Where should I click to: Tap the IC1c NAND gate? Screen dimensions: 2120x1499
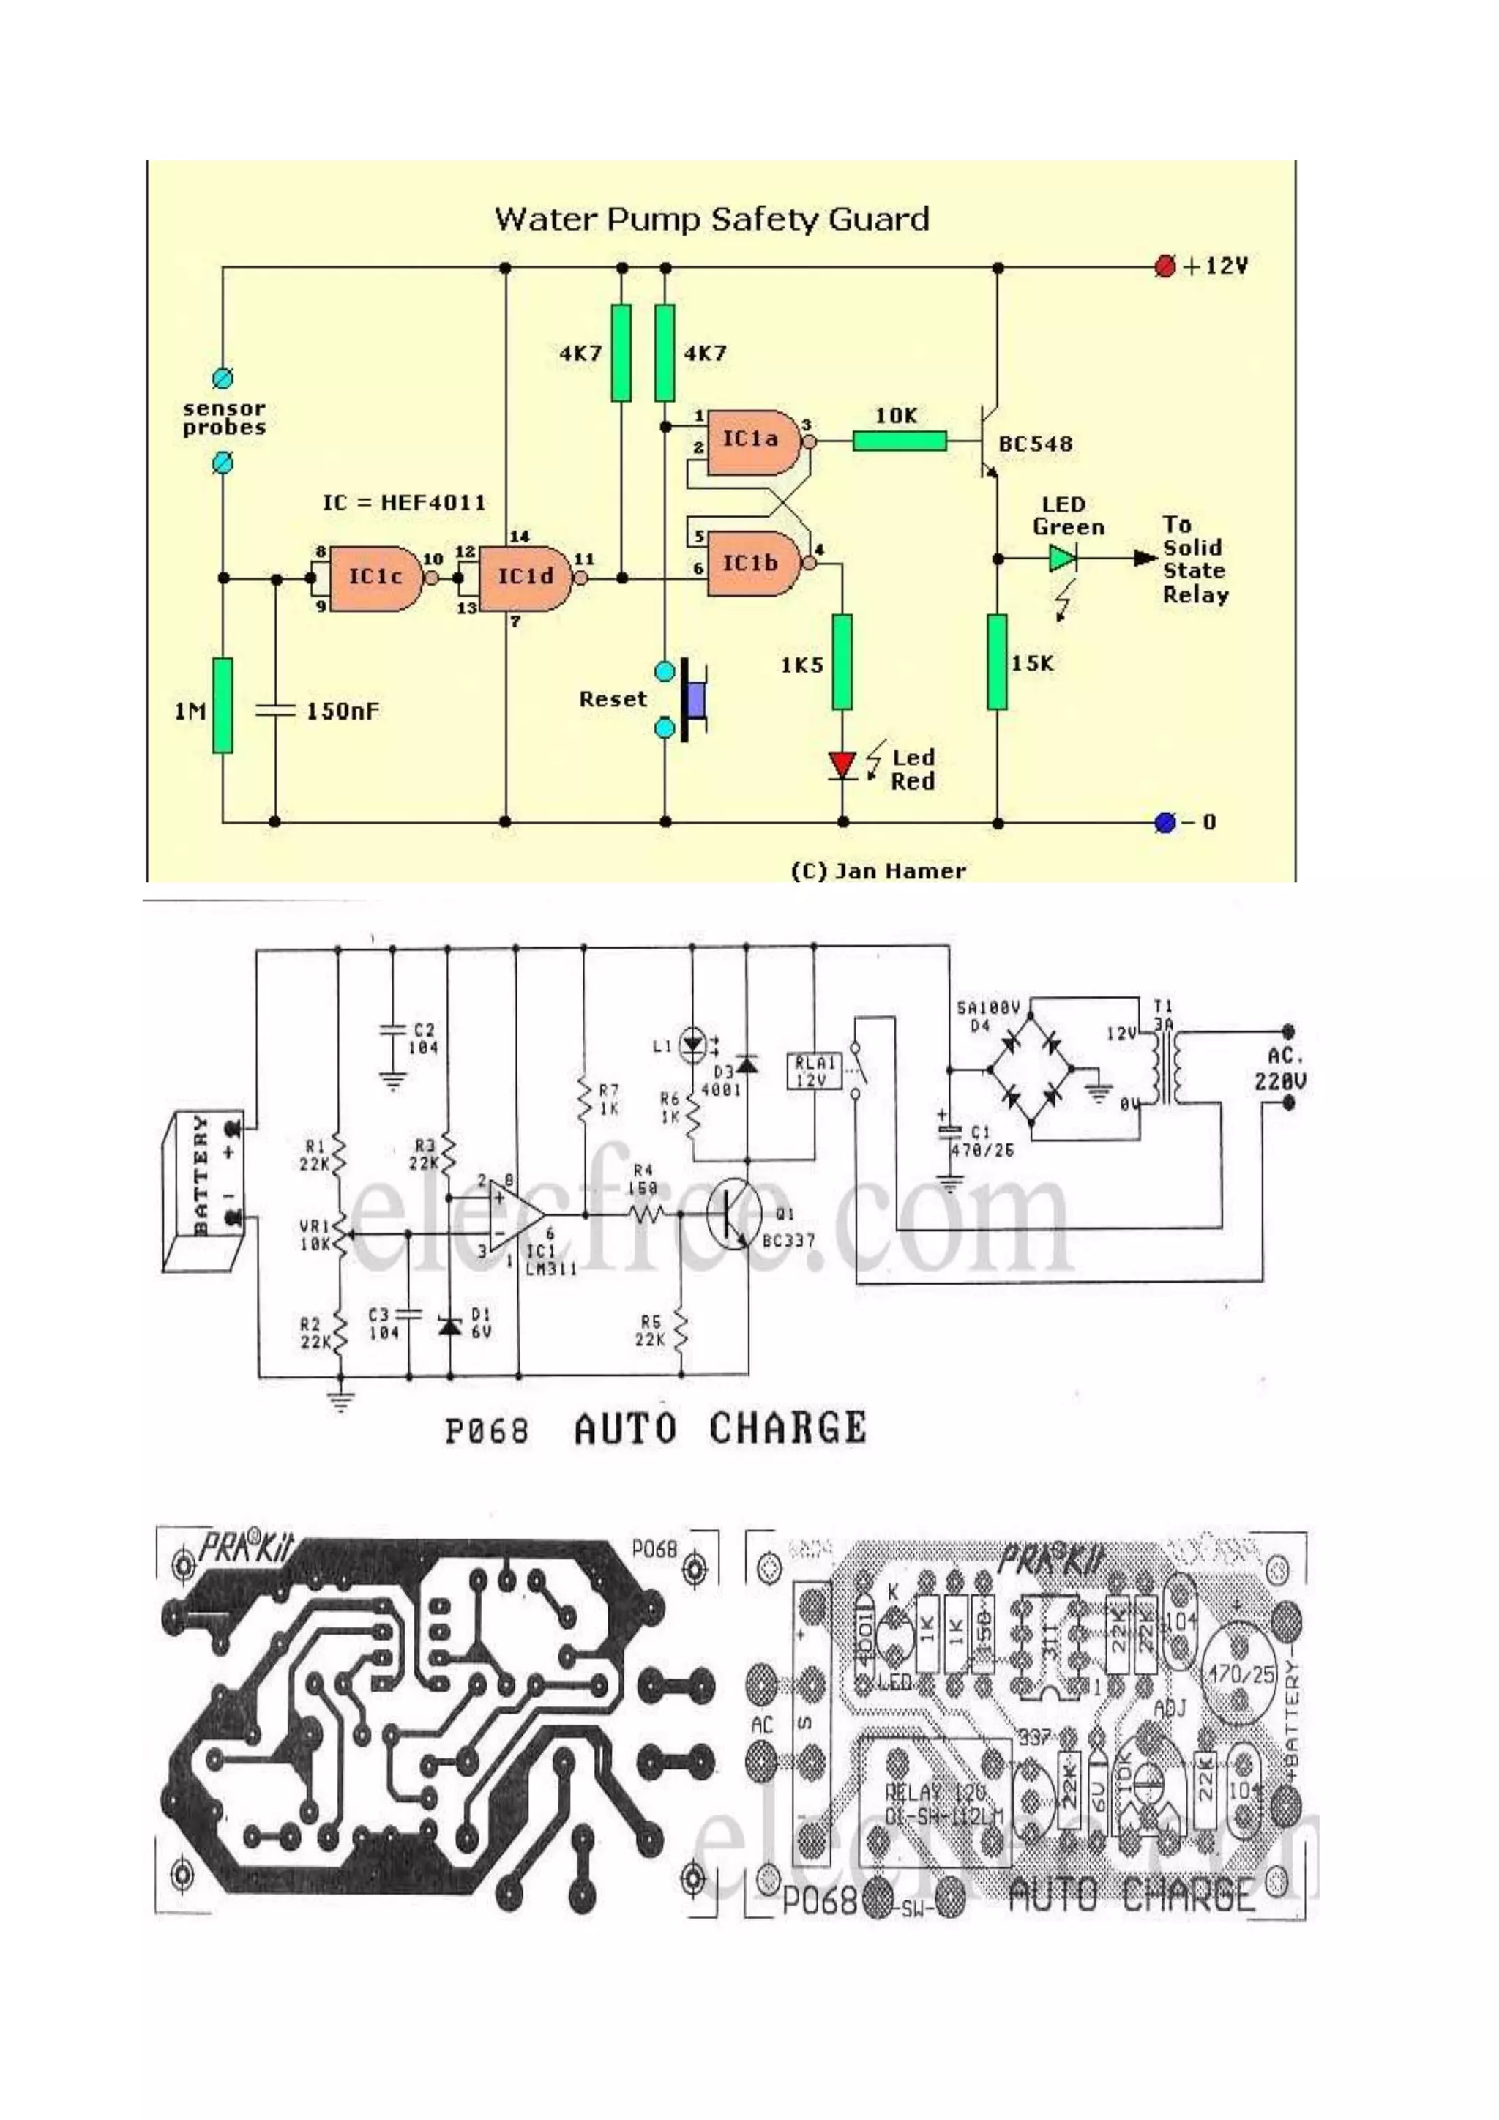click(375, 578)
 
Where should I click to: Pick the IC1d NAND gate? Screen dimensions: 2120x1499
click(524, 578)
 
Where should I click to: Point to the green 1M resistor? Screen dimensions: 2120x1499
click(223, 706)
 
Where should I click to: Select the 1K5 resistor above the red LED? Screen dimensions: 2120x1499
click(842, 663)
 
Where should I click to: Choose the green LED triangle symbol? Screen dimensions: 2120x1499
click(1061, 559)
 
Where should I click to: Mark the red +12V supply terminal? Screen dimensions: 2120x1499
click(1165, 267)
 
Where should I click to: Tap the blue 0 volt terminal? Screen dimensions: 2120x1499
click(1165, 822)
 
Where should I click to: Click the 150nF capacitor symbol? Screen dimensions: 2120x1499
click(274, 710)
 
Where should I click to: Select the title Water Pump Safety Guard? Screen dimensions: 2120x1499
click(711, 220)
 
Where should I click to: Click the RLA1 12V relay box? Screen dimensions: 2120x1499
click(813, 1071)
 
